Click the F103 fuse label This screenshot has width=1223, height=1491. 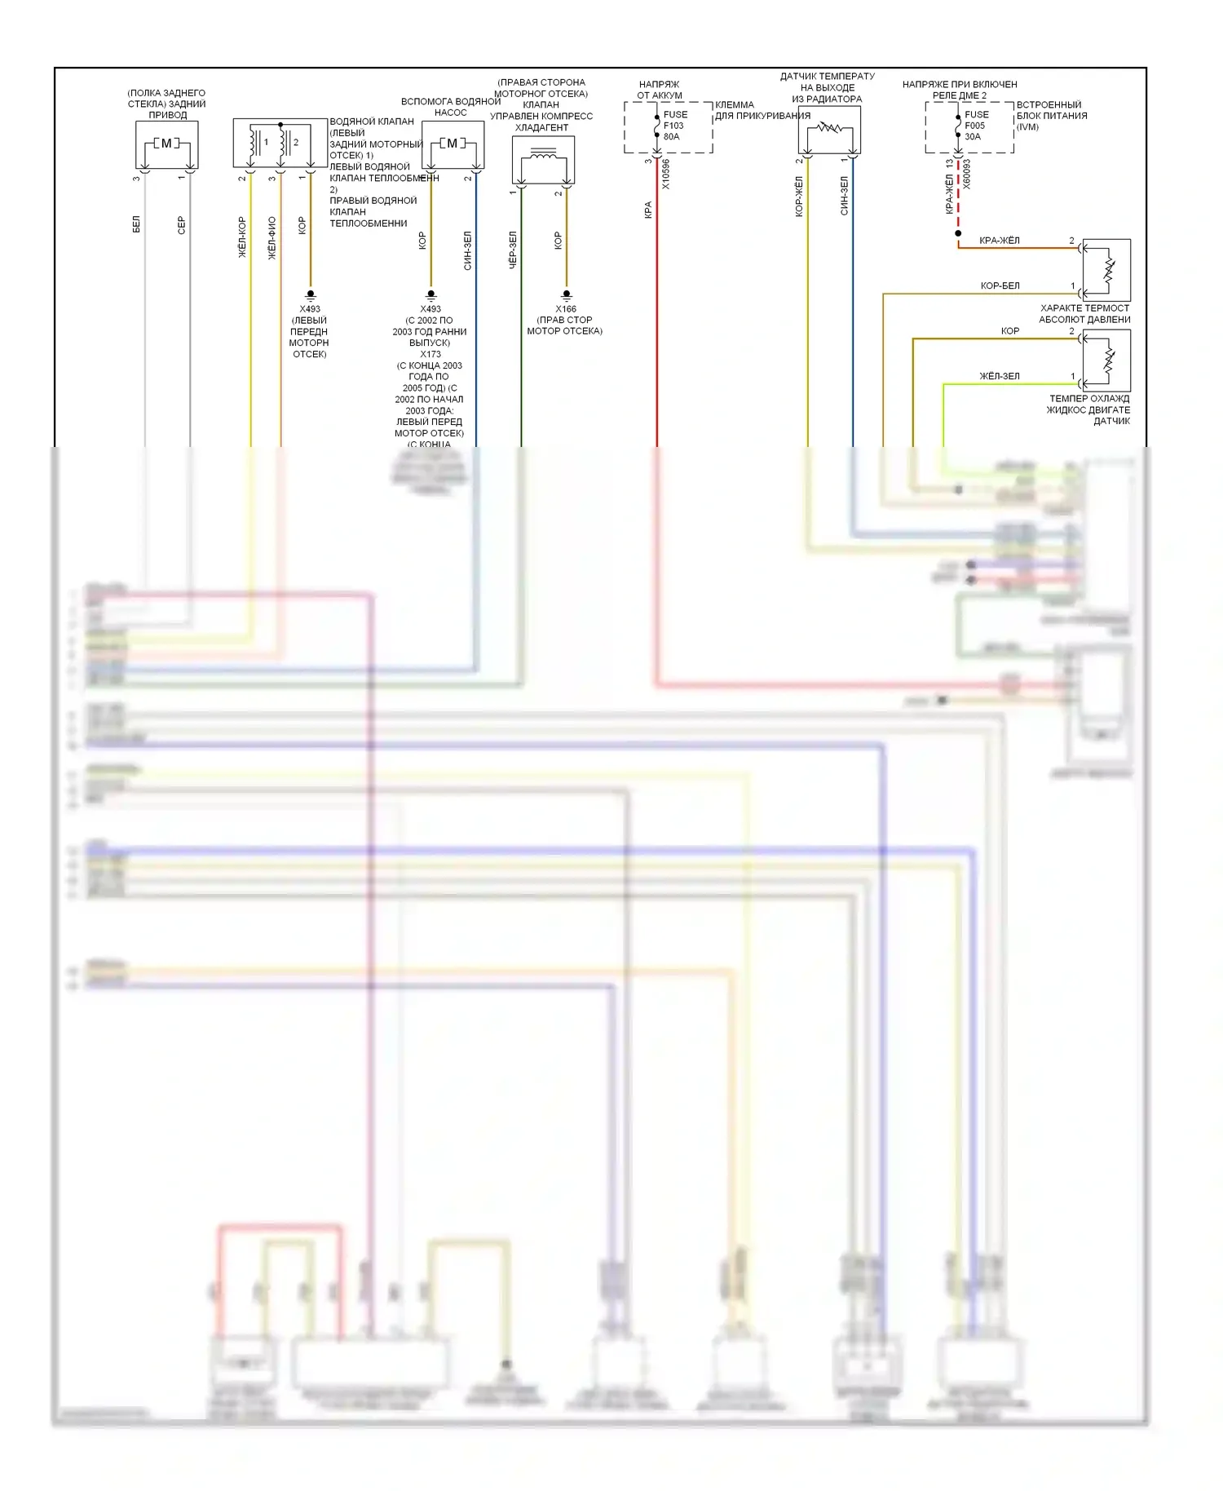(x=673, y=126)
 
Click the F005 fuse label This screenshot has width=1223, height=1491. (x=974, y=126)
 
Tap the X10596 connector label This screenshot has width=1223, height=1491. (x=666, y=175)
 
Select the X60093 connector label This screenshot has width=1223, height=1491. (x=967, y=175)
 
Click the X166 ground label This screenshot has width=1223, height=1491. (x=566, y=309)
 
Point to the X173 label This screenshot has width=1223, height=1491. (x=430, y=354)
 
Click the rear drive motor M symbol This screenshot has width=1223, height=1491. (x=166, y=144)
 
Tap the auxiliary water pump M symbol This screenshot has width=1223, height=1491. (x=453, y=144)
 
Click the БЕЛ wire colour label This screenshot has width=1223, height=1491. (x=136, y=224)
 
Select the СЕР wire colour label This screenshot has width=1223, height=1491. (x=181, y=225)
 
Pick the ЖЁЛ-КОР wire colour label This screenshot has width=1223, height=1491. (x=242, y=237)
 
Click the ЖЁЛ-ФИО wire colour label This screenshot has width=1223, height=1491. (x=272, y=237)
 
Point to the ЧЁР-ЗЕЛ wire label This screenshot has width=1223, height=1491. (x=513, y=250)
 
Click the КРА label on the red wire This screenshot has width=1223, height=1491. (x=648, y=210)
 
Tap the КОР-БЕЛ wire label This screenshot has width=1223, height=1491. (x=1000, y=285)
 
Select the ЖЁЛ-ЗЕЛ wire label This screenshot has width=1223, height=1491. (x=999, y=376)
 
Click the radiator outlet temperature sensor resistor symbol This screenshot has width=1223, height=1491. (x=830, y=128)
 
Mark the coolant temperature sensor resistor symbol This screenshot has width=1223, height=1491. (x=1108, y=360)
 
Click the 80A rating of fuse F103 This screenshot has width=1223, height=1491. (x=672, y=137)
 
